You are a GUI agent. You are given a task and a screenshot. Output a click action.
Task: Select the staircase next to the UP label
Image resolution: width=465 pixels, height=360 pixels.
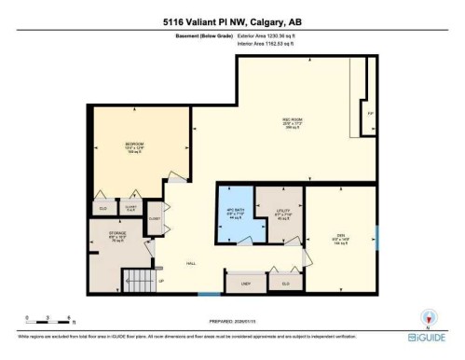click(139, 280)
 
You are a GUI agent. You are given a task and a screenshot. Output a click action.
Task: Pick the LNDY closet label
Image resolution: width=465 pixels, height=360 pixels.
click(246, 283)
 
